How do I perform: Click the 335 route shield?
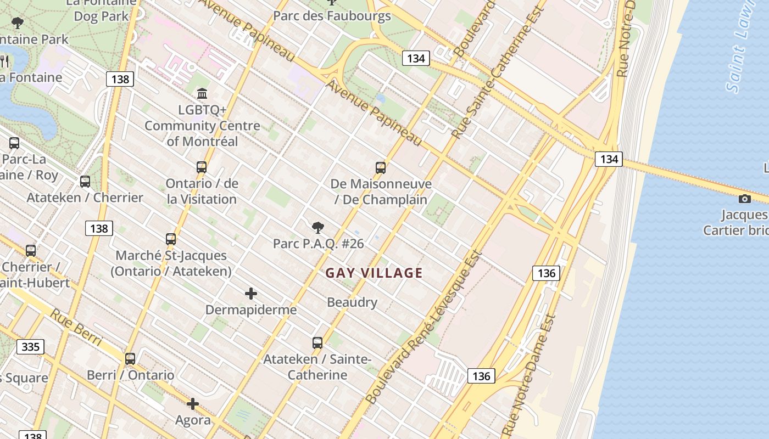pyautogui.click(x=30, y=347)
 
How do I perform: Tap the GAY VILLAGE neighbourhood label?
pyautogui.click(x=374, y=273)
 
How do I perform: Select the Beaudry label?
pyautogui.click(x=352, y=302)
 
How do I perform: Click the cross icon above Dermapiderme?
pyautogui.click(x=251, y=294)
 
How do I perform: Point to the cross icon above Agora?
pyautogui.click(x=193, y=404)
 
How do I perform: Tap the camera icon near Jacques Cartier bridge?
pyautogui.click(x=745, y=199)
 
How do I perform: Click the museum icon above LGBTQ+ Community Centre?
pyautogui.click(x=202, y=93)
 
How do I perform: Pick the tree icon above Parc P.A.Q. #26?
pyautogui.click(x=317, y=227)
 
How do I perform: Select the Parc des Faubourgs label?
pyautogui.click(x=332, y=15)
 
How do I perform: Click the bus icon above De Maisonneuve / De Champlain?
pyautogui.click(x=380, y=168)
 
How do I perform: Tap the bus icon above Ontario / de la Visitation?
pyautogui.click(x=202, y=167)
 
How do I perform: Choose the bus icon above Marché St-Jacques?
pyautogui.click(x=171, y=239)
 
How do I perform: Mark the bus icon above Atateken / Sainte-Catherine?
pyautogui.click(x=317, y=343)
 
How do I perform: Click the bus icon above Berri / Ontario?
pyautogui.click(x=130, y=359)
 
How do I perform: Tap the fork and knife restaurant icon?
pyautogui.click(x=4, y=60)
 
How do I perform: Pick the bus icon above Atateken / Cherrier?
pyautogui.click(x=85, y=182)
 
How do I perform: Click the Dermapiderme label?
pyautogui.click(x=251, y=310)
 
